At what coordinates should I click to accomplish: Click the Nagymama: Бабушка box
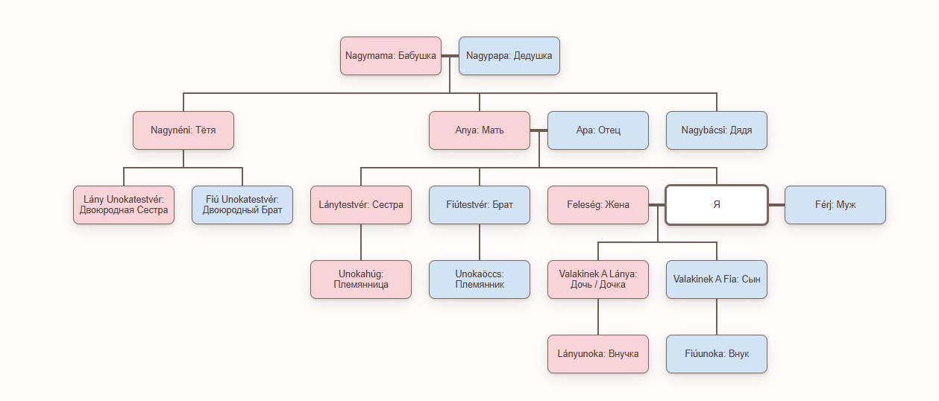pyautogui.click(x=391, y=56)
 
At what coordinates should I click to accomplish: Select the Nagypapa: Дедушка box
pyautogui.click(x=509, y=56)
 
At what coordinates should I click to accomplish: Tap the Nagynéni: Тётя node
pyautogui.click(x=183, y=130)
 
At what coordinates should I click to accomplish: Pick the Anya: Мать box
pyautogui.click(x=480, y=130)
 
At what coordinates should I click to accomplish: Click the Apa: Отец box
pyautogui.click(x=598, y=130)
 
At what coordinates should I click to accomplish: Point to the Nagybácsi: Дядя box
pyautogui.click(x=716, y=130)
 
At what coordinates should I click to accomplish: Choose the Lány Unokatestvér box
pyautogui.click(x=124, y=205)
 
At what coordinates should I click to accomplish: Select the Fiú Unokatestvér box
pyautogui.click(x=242, y=205)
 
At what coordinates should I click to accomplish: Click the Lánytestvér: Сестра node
pyautogui.click(x=361, y=205)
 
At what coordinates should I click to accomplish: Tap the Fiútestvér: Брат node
pyautogui.click(x=480, y=205)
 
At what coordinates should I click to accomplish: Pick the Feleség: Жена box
pyautogui.click(x=598, y=205)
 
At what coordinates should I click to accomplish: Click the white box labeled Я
pyautogui.click(x=716, y=205)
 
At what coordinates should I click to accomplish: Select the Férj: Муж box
pyautogui.click(x=835, y=205)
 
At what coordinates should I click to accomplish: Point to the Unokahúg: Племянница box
pyautogui.click(x=361, y=280)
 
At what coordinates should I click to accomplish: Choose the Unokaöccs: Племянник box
pyautogui.click(x=480, y=280)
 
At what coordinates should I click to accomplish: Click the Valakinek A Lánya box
pyautogui.click(x=598, y=280)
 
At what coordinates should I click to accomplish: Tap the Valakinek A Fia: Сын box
pyautogui.click(x=716, y=280)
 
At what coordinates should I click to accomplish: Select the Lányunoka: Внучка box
pyautogui.click(x=598, y=354)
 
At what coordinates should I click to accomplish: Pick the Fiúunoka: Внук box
pyautogui.click(x=716, y=354)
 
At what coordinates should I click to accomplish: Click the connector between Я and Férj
pyautogui.click(x=776, y=205)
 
